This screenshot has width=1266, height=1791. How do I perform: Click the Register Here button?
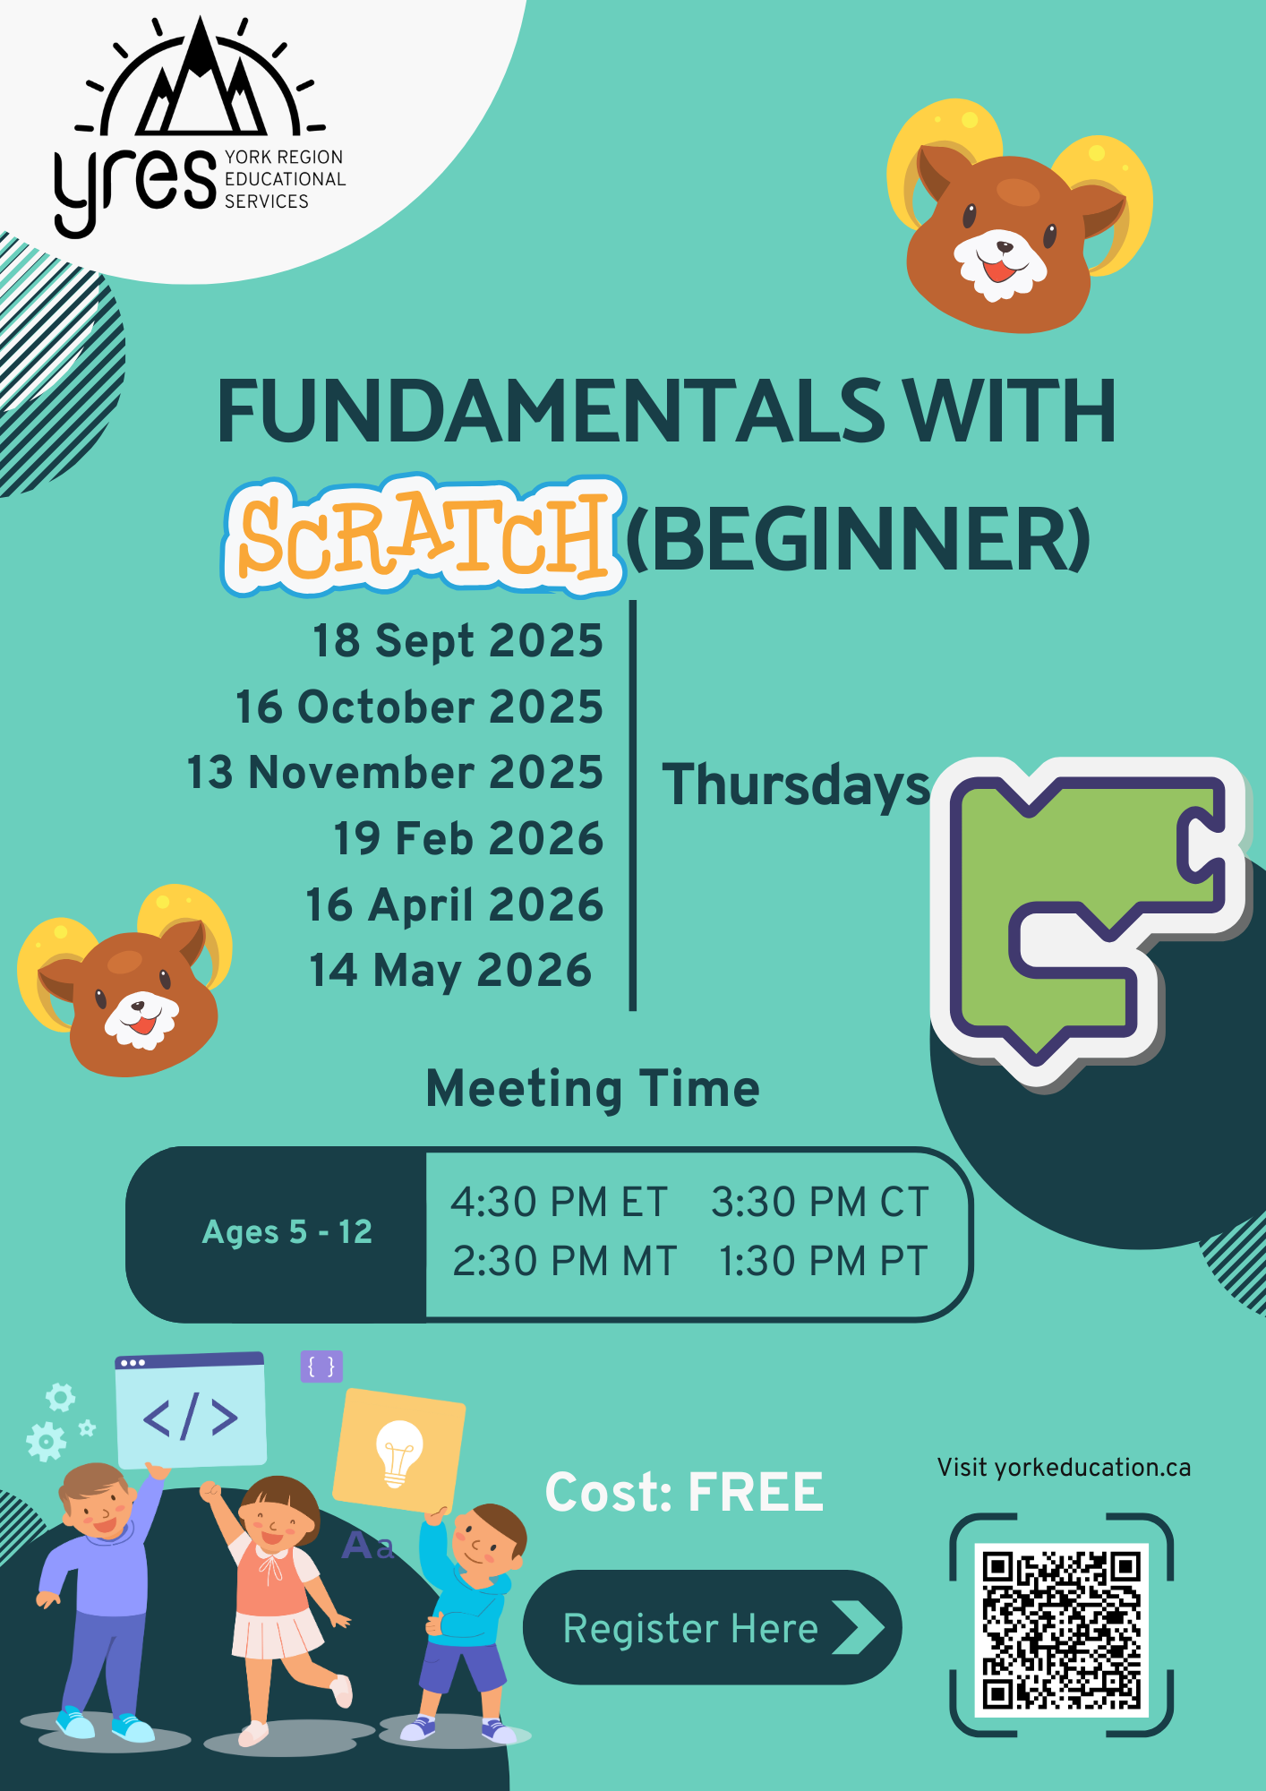(x=712, y=1627)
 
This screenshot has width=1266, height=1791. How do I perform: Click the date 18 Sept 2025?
(x=458, y=641)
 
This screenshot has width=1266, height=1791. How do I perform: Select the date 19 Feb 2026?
(x=468, y=839)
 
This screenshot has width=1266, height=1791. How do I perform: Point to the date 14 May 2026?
(x=450, y=971)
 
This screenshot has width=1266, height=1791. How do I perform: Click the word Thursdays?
(x=796, y=785)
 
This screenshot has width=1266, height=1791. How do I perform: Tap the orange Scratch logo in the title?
(x=423, y=536)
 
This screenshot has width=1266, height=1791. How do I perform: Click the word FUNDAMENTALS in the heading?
(x=551, y=411)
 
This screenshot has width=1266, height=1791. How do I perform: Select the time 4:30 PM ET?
(x=560, y=1202)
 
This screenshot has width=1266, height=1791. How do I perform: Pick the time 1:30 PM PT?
(x=824, y=1261)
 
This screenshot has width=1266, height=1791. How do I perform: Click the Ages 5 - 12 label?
(x=287, y=1232)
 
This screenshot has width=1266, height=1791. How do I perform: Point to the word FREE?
(x=756, y=1492)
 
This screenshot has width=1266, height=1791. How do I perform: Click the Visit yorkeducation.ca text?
(x=1064, y=1468)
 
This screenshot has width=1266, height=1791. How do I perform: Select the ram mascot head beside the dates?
(x=125, y=981)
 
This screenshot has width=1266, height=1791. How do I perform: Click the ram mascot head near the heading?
(x=1020, y=216)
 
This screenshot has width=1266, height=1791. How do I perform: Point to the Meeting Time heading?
(x=593, y=1089)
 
